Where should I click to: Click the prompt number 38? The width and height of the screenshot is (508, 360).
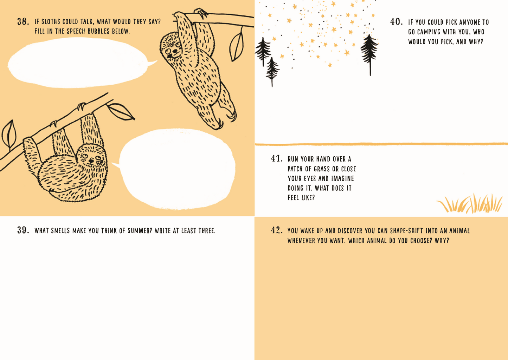pos(23,21)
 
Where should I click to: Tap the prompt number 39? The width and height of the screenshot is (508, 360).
pos(23,230)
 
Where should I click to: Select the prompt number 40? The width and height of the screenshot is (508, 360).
pos(397,22)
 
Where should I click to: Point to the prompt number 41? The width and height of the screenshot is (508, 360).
pos(277,158)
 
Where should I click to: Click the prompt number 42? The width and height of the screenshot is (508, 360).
pos(277,230)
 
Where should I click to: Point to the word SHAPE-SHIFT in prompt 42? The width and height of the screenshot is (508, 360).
pos(407,231)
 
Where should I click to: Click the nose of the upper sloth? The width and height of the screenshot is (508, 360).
pos(175,51)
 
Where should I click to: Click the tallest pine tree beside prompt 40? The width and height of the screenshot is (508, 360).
pos(369,54)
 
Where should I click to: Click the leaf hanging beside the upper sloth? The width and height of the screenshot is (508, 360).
pos(237,45)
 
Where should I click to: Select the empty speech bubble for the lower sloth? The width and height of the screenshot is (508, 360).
pos(176,169)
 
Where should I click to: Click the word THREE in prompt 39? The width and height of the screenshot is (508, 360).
pos(207,231)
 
